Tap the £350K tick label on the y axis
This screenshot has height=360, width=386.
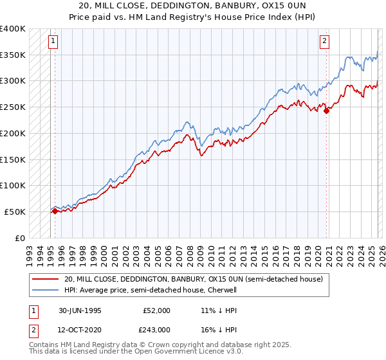tap(13, 55)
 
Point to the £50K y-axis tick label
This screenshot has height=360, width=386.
tap(15, 212)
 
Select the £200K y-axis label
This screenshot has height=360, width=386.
tap(13, 133)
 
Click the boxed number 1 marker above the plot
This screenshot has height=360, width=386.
tap(53, 41)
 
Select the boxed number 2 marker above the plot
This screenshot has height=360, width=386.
tap(325, 41)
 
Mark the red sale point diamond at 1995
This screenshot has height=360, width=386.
tap(55, 210)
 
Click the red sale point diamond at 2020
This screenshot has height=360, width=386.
tap(327, 111)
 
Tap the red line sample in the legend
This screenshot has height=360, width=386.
tap(45, 279)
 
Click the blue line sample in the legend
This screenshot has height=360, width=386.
tap(45, 290)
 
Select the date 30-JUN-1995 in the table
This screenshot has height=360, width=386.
tap(79, 310)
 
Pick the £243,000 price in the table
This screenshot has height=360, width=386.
tap(156, 330)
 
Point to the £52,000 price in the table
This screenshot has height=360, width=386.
tap(156, 310)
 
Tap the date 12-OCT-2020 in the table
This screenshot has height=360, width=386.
tap(79, 330)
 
